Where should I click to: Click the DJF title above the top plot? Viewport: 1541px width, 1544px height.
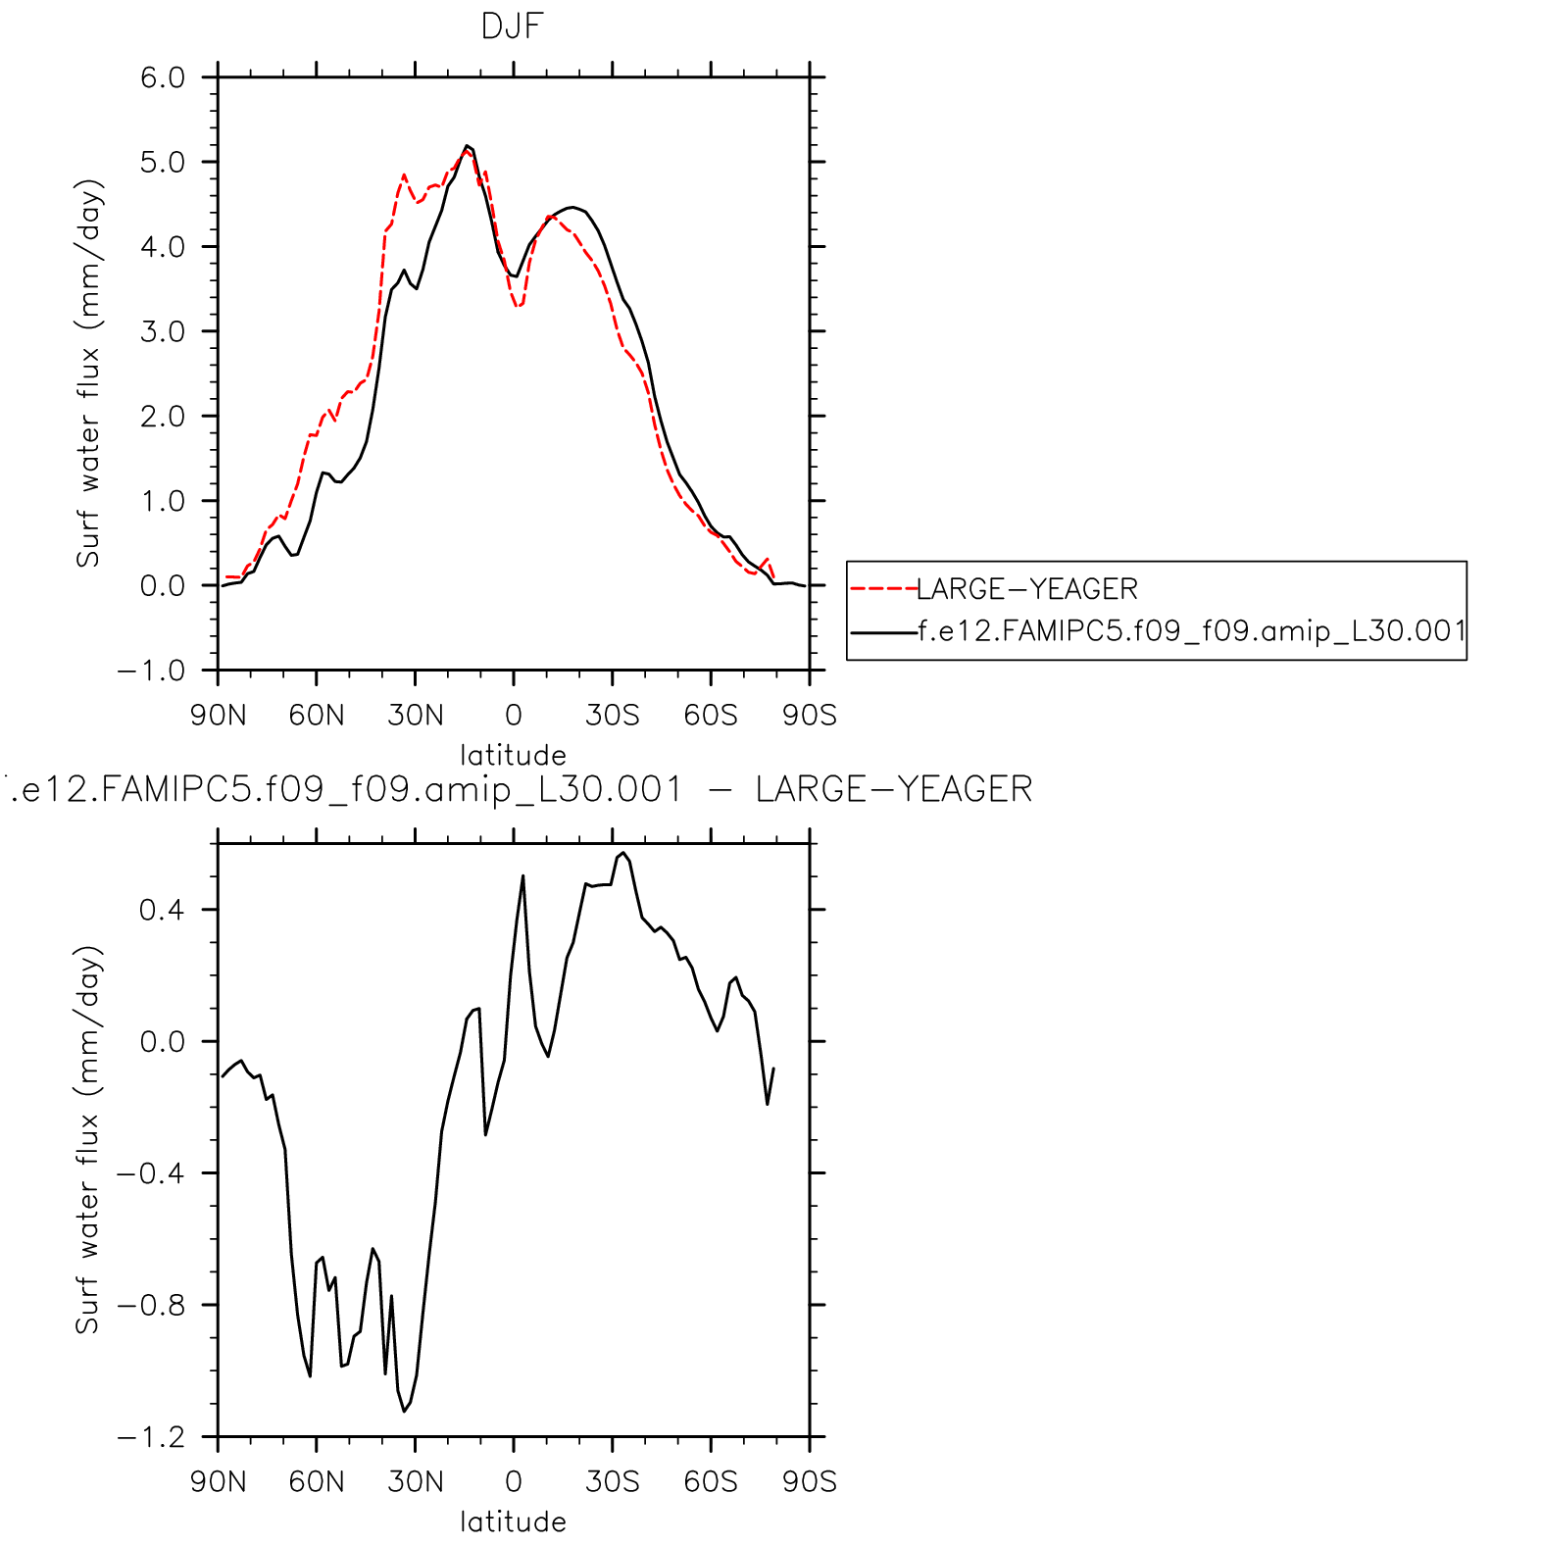[512, 26]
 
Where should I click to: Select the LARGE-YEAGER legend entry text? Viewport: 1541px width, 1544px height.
[1026, 589]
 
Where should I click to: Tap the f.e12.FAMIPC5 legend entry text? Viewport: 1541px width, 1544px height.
[1191, 631]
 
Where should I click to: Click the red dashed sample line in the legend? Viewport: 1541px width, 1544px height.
[882, 589]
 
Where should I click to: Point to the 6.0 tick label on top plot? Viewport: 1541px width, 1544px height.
[163, 77]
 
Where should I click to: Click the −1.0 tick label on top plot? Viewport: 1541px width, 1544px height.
[151, 672]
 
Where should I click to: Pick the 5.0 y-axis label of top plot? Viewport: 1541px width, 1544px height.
[163, 163]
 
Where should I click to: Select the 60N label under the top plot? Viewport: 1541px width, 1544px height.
[316, 716]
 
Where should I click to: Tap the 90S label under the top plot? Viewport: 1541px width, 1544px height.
[809, 716]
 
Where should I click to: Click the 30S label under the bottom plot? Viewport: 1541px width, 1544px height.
[612, 1481]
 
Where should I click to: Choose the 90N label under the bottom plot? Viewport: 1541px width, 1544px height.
[218, 1481]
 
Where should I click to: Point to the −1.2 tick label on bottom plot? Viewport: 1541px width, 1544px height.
[151, 1438]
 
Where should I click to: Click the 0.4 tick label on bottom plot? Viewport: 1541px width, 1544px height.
[163, 910]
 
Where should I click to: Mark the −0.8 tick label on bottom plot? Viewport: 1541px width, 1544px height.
[151, 1306]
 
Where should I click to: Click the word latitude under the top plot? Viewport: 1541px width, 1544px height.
[513, 755]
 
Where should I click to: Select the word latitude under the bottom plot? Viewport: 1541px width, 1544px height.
[513, 1521]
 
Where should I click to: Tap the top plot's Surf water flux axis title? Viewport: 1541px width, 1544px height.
[88, 373]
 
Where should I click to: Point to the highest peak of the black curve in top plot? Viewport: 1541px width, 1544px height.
[467, 146]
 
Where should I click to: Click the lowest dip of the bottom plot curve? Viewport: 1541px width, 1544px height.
[404, 1411]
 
